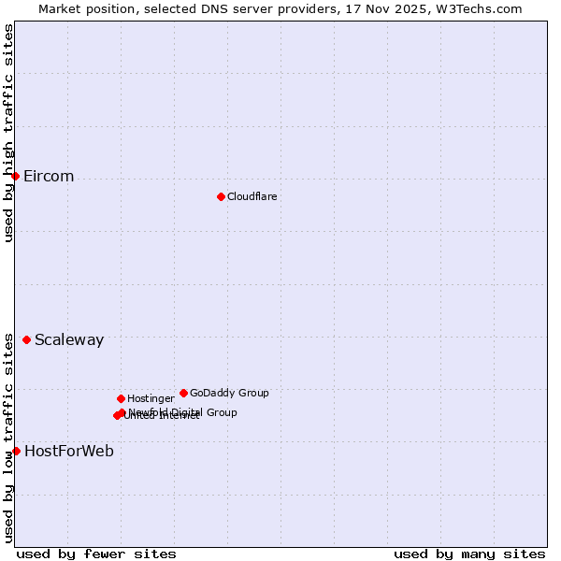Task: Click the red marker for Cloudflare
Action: pyautogui.click(x=221, y=196)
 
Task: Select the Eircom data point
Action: pyautogui.click(x=15, y=176)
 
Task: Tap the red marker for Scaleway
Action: pyautogui.click(x=26, y=339)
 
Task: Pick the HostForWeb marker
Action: pyautogui.click(x=16, y=451)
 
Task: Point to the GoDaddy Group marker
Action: pyautogui.click(x=183, y=393)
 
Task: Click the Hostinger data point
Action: pyautogui.click(x=121, y=398)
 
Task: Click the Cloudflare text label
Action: pyautogui.click(x=252, y=196)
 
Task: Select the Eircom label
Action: pyautogui.click(x=49, y=177)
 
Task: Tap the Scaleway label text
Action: pyautogui.click(x=69, y=340)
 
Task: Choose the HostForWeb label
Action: pyautogui.click(x=69, y=452)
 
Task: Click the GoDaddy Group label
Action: pyautogui.click(x=229, y=393)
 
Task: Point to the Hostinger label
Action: pyautogui.click(x=151, y=398)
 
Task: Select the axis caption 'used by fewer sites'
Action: pyautogui.click(x=96, y=554)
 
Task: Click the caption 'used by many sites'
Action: pyautogui.click(x=469, y=554)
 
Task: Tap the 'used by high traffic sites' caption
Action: pyautogui.click(x=8, y=133)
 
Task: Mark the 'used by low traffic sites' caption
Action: pyautogui.click(x=8, y=437)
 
